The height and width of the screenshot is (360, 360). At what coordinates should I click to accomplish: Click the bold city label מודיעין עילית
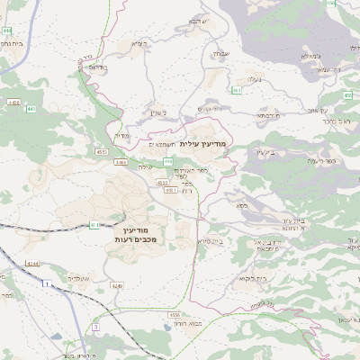click(x=205, y=144)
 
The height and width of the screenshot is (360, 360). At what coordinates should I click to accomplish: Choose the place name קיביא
click(x=138, y=43)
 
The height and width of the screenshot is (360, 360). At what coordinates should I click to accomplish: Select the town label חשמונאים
click(x=160, y=144)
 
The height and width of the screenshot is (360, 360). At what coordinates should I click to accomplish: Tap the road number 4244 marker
click(x=32, y=263)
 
